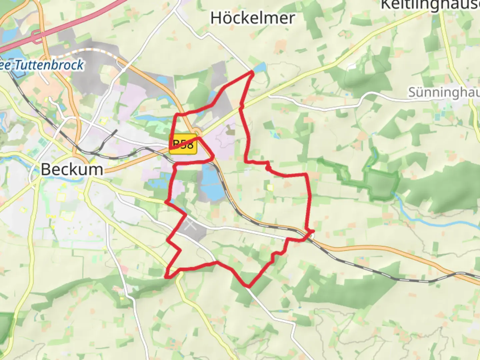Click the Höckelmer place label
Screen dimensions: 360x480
click(x=252, y=18)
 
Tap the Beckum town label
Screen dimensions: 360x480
click(x=72, y=169)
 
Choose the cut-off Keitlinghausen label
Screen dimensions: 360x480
click(x=430, y=5)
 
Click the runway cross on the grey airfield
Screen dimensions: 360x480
click(x=190, y=224)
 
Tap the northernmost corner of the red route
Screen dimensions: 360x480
click(x=252, y=72)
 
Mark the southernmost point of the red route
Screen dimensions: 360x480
click(x=248, y=286)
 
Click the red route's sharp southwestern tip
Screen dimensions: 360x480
click(x=166, y=276)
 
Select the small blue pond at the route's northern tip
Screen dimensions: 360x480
click(x=260, y=68)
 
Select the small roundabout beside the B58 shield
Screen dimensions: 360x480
click(x=197, y=131)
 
